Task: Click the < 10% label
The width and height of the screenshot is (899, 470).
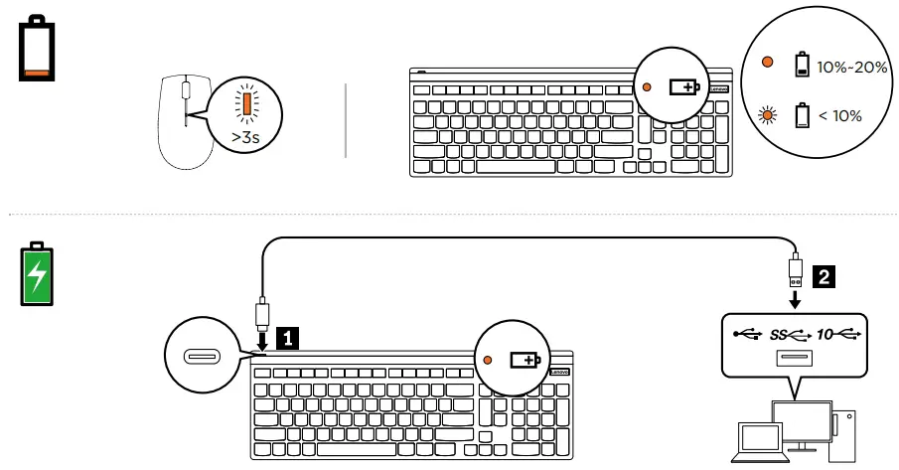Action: pyautogui.click(x=840, y=116)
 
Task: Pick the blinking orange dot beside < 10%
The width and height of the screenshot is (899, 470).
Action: pyautogui.click(x=767, y=115)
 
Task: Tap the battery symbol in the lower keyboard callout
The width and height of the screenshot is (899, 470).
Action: pyautogui.click(x=523, y=361)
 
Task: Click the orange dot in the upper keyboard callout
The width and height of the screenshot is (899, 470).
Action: pyautogui.click(x=647, y=87)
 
